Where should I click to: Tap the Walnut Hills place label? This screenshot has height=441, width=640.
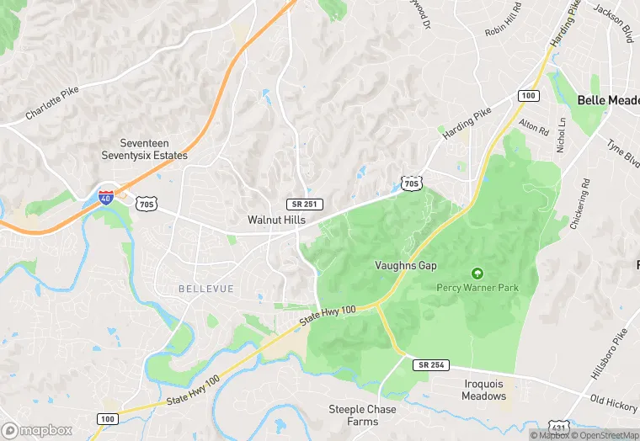(276, 220)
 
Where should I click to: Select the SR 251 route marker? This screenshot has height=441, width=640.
(304, 205)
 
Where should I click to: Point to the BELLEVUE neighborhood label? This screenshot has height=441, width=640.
(205, 289)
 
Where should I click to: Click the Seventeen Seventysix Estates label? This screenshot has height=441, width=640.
(154, 149)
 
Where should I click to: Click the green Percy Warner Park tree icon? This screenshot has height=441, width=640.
(477, 274)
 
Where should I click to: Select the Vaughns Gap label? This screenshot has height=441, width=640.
(406, 266)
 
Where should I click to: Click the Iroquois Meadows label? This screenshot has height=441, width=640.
(484, 390)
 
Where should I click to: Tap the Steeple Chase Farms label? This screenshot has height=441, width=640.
(353, 415)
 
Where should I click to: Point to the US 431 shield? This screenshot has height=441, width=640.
(559, 428)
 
